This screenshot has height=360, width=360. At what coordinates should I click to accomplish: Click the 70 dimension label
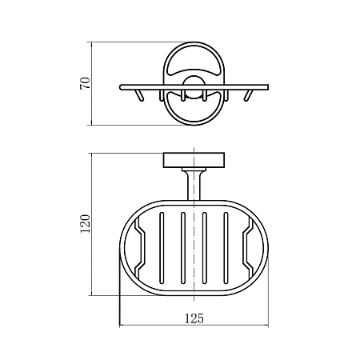[86, 83]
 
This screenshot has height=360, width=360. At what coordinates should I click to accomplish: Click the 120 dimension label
[86, 223]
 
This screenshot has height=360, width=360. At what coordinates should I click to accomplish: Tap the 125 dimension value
[194, 318]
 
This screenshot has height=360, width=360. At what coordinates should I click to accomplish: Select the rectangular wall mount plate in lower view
[194, 160]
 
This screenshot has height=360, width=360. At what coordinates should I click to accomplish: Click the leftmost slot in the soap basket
[162, 248]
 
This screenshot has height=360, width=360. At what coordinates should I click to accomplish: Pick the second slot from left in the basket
[183, 248]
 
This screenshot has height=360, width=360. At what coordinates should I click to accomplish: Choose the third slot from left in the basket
[205, 248]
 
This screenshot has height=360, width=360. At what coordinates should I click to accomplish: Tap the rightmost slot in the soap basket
[226, 248]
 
